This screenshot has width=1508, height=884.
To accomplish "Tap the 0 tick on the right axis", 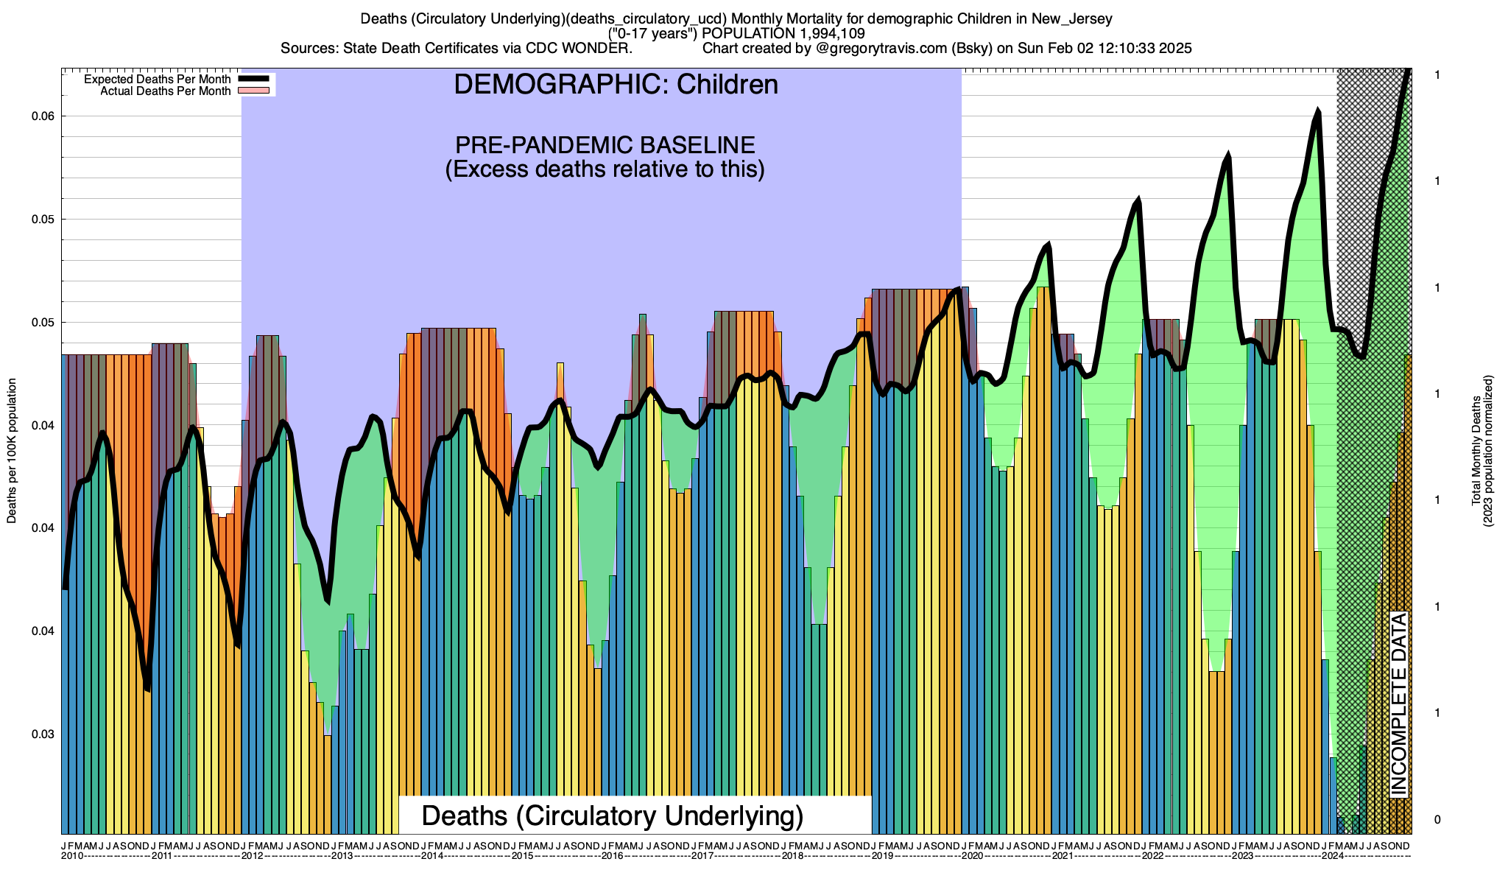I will (1437, 820).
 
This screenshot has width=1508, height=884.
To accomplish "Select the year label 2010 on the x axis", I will (71, 856).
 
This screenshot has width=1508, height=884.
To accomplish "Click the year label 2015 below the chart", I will (522, 856).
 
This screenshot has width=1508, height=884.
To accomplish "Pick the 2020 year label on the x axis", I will (972, 856).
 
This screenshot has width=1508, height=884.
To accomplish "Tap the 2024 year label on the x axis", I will (1333, 856).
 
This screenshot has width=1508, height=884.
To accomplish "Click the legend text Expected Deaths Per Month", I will (157, 80).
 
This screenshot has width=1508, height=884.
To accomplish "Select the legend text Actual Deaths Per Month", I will (165, 91).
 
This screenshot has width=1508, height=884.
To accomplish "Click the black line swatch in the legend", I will (256, 80).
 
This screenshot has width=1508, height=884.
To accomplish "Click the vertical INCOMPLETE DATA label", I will (1398, 704).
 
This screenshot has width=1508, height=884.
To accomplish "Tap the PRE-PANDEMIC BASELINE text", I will (605, 144).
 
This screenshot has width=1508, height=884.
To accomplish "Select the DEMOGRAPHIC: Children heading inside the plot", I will (616, 85).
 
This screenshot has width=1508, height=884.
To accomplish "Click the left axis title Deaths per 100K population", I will (12, 451).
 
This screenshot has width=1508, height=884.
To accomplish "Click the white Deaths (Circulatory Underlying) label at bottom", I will (612, 816).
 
